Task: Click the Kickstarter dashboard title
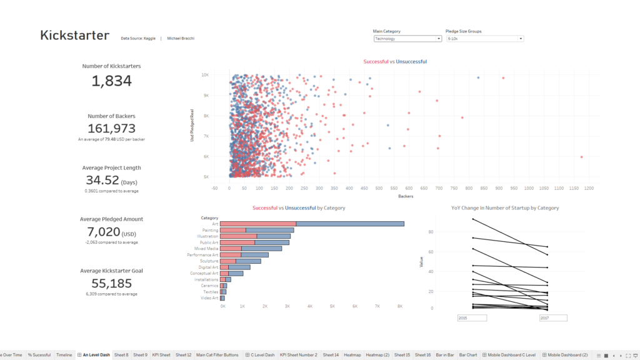pyautogui.click(x=74, y=36)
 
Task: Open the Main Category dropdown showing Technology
pyautogui.click(x=407, y=39)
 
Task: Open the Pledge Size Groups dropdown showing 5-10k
pyautogui.click(x=484, y=39)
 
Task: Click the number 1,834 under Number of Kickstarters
pyautogui.click(x=112, y=81)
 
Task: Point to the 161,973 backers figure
pyautogui.click(x=112, y=129)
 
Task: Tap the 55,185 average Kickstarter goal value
pyautogui.click(x=112, y=283)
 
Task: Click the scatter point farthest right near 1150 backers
pyautogui.click(x=581, y=157)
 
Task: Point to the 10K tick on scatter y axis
pyautogui.click(x=205, y=75)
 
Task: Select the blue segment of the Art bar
pyautogui.click(x=350, y=224)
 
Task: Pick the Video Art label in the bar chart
pyautogui.click(x=209, y=297)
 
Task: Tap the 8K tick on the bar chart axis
pyautogui.click(x=400, y=307)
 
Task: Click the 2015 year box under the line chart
pyautogui.click(x=472, y=318)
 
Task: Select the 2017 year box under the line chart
pyautogui.click(x=553, y=318)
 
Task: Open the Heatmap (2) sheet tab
pyautogui.click(x=377, y=355)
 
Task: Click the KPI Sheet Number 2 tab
pyautogui.click(x=298, y=355)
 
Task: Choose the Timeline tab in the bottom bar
pyautogui.click(x=64, y=355)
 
